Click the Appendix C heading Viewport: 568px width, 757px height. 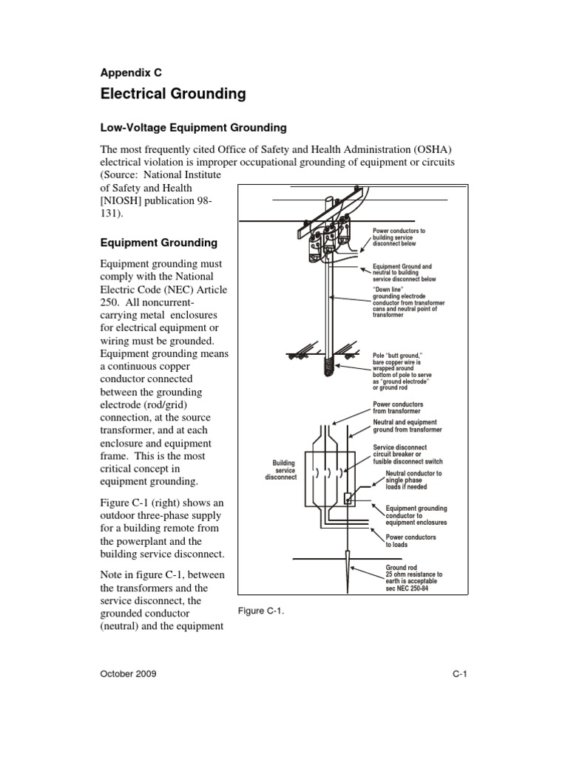point(130,72)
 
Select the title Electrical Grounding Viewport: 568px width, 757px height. point(172,95)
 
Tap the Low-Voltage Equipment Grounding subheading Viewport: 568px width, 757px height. point(192,128)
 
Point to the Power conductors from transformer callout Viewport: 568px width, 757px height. point(398,408)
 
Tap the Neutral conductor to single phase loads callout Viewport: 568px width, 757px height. point(413,481)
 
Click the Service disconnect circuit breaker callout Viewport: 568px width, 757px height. point(408,454)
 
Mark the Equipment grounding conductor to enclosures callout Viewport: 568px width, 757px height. point(416,516)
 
